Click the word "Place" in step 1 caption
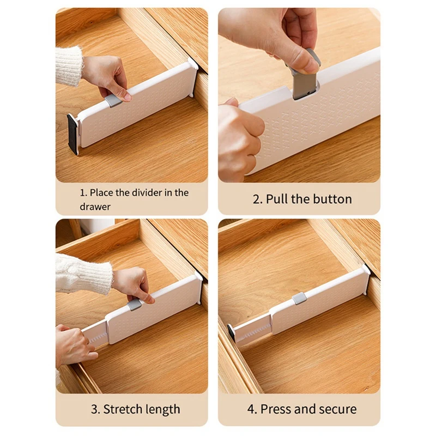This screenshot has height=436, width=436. click(101, 192)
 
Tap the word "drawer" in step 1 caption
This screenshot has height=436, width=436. click(95, 207)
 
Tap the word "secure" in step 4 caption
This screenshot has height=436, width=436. click(337, 409)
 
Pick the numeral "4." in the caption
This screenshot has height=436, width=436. click(252, 409)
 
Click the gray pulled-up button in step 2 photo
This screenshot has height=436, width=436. click(305, 82)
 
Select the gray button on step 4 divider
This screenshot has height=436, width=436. click(299, 299)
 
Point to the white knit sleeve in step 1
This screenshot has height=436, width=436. click(69, 66)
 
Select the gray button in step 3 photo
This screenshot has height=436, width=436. click(135, 302)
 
